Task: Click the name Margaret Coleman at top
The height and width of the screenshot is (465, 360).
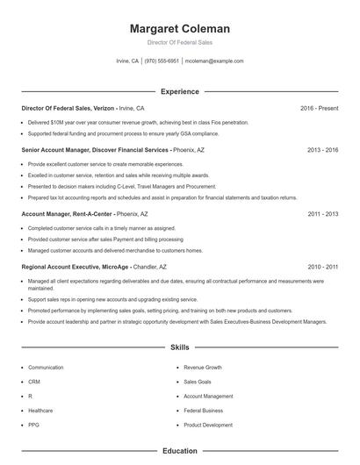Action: [179, 28]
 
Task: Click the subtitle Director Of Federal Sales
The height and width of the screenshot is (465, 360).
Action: [179, 42]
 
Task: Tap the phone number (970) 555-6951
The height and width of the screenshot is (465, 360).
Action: [161, 61]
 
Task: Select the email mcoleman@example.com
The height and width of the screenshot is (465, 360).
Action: [214, 61]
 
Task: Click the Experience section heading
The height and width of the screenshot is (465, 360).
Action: [179, 91]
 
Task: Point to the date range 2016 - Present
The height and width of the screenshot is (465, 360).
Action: [319, 108]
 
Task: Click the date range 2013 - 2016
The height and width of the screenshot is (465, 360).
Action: [322, 150]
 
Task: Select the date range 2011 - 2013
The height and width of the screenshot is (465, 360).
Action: [322, 213]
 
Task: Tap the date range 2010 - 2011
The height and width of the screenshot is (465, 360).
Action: [322, 266]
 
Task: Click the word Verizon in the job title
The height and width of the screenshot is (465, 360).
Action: [102, 108]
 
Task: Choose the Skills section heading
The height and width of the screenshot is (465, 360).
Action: [179, 347]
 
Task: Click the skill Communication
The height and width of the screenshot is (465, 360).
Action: [46, 368]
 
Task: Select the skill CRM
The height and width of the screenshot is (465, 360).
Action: [34, 382]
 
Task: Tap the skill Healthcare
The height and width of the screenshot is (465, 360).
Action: [40, 410]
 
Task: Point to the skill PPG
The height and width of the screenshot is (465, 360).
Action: [33, 425]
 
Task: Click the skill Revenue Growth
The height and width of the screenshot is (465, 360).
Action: [203, 368]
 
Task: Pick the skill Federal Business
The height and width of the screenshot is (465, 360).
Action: [203, 410]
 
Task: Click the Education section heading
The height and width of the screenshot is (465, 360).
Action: [179, 451]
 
